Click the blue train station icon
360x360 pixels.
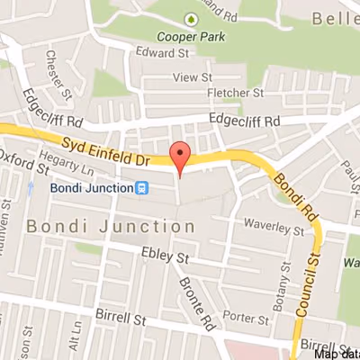(141, 187)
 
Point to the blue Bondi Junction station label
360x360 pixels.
(90, 187)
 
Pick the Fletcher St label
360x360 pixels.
(234, 93)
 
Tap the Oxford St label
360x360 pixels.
(24, 160)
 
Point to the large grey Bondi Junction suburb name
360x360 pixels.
(111, 227)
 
